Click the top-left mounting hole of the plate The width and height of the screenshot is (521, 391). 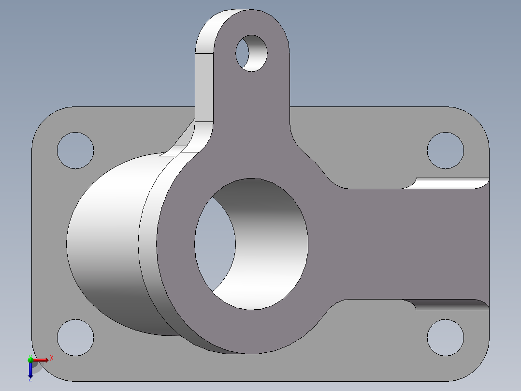pos(75,150)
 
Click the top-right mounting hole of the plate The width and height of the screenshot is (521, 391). pos(445,150)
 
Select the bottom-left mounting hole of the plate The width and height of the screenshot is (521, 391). pos(75,337)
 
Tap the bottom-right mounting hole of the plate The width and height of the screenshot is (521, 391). pos(445,337)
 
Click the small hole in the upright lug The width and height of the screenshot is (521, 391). pos(251,53)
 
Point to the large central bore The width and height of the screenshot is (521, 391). pos(251,244)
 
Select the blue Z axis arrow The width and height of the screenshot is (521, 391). pos(30,369)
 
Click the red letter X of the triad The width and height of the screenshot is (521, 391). pos(52,358)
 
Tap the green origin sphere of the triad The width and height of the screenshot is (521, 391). pos(30,360)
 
